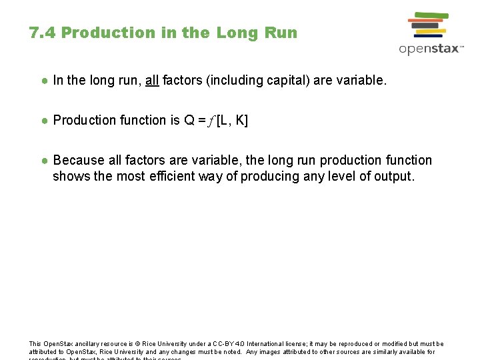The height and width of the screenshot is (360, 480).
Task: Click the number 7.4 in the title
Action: pos(42,33)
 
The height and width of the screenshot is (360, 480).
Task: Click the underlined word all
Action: pos(152,81)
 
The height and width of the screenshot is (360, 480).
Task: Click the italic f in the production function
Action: pos(211,121)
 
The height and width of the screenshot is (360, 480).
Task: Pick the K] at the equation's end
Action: pos(241,121)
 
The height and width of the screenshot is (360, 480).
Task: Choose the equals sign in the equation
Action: pos(201,121)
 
